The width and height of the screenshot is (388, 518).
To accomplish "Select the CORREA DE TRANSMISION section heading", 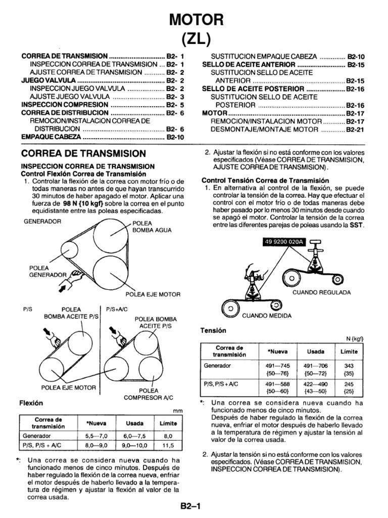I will (x=83, y=154).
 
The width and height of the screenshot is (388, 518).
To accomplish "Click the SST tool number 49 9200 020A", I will (x=282, y=242).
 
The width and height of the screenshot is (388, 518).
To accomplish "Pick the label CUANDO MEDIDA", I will (x=267, y=315).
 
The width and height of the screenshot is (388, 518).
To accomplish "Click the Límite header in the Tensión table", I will (x=349, y=351).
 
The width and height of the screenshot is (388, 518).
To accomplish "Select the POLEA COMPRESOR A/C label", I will (x=149, y=394).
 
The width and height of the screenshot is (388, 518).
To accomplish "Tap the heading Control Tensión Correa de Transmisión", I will (x=265, y=180).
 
